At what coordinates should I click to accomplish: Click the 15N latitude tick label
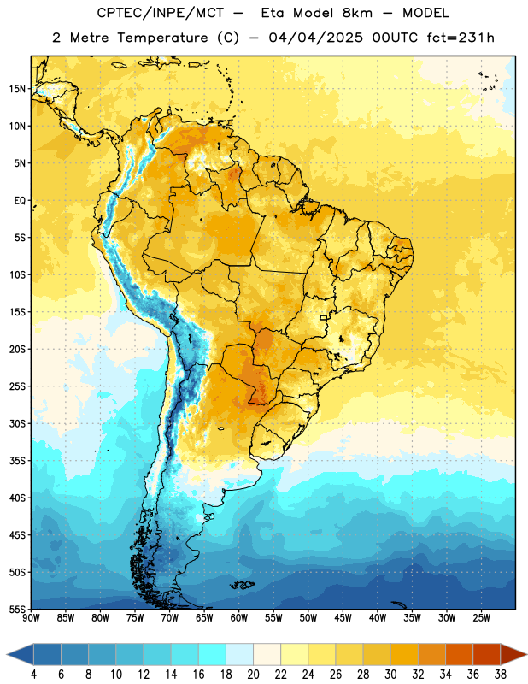(x=17, y=89)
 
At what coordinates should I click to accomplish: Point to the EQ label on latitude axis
(x=20, y=201)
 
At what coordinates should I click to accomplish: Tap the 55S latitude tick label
(x=17, y=609)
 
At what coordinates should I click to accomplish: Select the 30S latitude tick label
(x=17, y=423)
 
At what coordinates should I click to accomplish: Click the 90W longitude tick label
(x=31, y=617)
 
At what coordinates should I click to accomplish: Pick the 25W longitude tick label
(x=481, y=617)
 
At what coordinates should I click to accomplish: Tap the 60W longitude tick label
(x=239, y=617)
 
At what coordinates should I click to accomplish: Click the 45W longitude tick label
(x=343, y=617)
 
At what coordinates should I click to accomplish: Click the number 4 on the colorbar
(x=33, y=675)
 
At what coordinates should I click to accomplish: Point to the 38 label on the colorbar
(x=500, y=675)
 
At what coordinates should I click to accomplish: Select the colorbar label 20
(x=253, y=675)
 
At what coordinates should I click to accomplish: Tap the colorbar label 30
(x=390, y=675)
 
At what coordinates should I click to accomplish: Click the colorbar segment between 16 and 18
(x=213, y=655)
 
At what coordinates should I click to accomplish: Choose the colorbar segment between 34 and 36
(x=459, y=655)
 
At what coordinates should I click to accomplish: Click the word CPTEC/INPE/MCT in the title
(x=161, y=13)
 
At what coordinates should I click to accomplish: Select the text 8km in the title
(x=357, y=13)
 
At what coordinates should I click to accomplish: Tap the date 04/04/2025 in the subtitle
(x=315, y=38)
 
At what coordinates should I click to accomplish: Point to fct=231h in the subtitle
(x=461, y=38)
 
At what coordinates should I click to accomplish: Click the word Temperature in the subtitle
(x=162, y=38)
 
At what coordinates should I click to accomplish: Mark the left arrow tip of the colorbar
(x=7, y=655)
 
